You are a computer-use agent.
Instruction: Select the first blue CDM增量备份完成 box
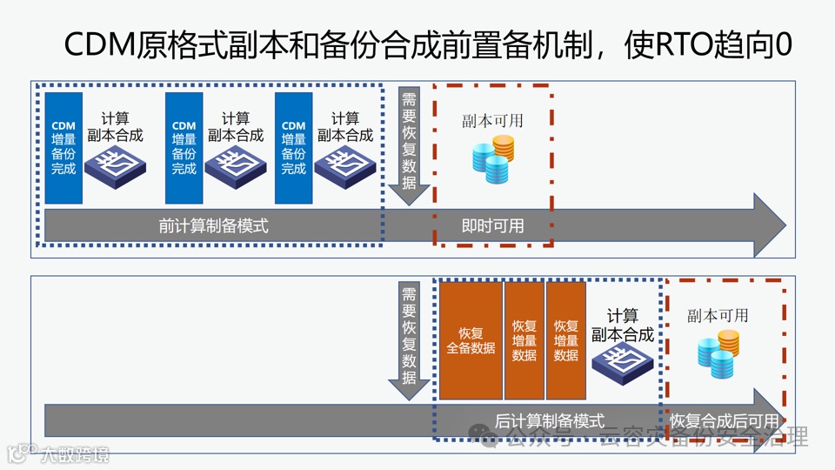(x=63, y=148)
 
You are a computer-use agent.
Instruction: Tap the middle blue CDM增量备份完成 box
(x=184, y=148)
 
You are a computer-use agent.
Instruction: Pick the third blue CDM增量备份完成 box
(x=294, y=148)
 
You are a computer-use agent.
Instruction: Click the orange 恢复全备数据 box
(x=471, y=340)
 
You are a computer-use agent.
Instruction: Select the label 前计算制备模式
(x=213, y=225)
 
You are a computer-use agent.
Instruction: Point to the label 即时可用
(x=492, y=225)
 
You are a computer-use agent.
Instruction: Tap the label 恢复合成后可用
(x=724, y=420)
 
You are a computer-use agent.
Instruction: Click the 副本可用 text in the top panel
(x=492, y=121)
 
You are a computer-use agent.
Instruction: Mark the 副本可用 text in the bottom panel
(x=718, y=315)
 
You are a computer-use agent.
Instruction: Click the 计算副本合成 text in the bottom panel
(x=622, y=326)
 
